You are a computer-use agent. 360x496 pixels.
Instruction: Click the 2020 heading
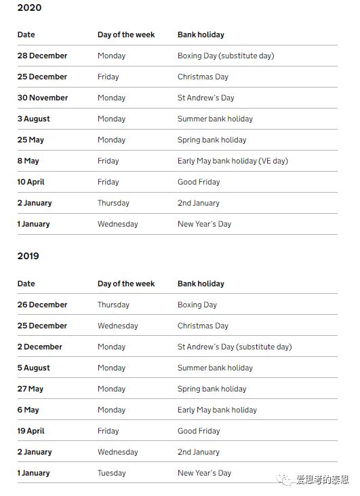29,7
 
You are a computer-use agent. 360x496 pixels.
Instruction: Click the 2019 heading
28,256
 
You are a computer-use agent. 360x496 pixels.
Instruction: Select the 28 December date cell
42,56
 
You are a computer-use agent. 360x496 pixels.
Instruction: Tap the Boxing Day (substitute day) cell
226,56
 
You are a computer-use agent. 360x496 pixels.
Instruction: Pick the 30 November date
43,98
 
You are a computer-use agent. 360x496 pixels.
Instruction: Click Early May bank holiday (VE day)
233,161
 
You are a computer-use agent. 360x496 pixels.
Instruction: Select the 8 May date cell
28,161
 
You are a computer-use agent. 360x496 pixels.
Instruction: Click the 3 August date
34,119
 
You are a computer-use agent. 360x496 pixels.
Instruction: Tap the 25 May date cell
31,140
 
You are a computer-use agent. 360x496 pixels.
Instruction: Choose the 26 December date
42,305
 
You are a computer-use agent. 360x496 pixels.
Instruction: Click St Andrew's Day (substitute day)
235,347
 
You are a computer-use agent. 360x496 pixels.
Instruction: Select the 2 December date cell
40,347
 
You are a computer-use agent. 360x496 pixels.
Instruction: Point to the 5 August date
34,368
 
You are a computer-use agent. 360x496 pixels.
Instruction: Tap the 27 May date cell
31,389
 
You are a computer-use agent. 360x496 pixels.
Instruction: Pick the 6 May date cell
28,410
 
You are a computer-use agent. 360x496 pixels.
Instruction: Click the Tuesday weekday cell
112,473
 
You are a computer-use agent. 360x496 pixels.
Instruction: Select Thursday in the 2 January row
113,203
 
